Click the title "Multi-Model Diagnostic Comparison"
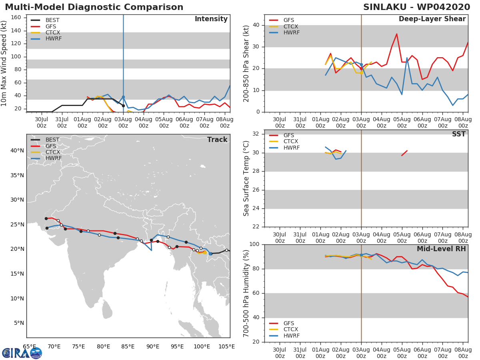click(94, 7)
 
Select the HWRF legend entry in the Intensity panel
click(54, 39)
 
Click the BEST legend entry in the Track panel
click(52, 140)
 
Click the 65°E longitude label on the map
click(29, 346)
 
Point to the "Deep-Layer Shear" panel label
click(432, 19)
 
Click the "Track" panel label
click(217, 140)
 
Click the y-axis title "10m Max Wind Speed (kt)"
click(4, 64)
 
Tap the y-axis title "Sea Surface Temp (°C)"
click(246, 178)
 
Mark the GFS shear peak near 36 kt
click(396, 34)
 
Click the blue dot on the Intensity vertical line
click(123, 97)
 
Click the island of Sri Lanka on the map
click(107, 310)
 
